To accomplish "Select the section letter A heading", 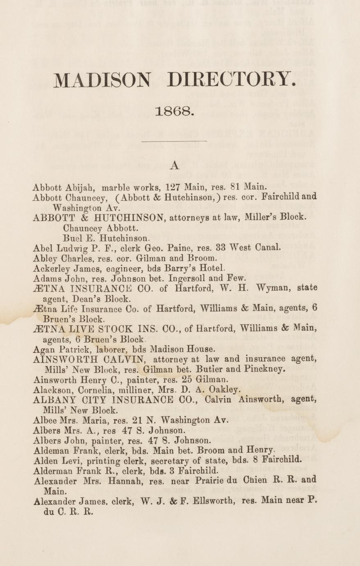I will pos(175,165).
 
